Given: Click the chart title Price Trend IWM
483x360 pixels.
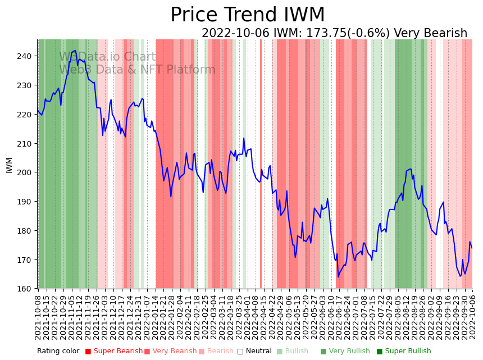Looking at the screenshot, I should click(247, 15).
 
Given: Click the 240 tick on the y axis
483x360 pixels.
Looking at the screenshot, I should click(26, 56).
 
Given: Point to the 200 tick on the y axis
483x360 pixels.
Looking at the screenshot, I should click(26, 172).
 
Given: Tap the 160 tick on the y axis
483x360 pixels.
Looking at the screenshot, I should click(26, 289).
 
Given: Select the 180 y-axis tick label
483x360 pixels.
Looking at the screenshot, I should click(26, 231).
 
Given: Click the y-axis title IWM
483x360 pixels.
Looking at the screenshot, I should click(9, 165).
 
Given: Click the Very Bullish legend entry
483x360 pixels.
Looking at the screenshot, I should click(344, 352).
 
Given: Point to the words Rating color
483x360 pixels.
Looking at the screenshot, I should click(58, 352).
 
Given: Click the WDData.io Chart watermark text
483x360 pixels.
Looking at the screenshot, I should click(107, 57).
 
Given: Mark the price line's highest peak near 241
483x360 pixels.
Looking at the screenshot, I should click(76, 51).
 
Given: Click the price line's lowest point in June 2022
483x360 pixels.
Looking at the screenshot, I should click(338, 276).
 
